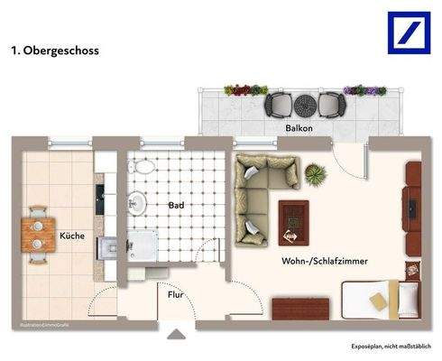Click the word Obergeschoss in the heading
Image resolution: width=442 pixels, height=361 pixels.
click(x=62, y=51)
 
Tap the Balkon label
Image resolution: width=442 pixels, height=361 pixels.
click(x=299, y=129)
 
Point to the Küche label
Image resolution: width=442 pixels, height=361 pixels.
click(x=72, y=236)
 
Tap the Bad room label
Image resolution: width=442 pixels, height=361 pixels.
click(x=177, y=206)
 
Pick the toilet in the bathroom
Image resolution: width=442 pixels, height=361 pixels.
click(x=141, y=168)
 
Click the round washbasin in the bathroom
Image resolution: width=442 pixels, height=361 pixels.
click(x=137, y=202)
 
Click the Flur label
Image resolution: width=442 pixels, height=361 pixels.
click(x=176, y=293)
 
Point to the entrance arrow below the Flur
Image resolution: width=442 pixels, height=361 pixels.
click(x=177, y=335)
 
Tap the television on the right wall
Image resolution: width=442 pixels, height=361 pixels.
click(x=413, y=205)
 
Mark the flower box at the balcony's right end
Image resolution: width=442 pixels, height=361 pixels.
click(x=366, y=90)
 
